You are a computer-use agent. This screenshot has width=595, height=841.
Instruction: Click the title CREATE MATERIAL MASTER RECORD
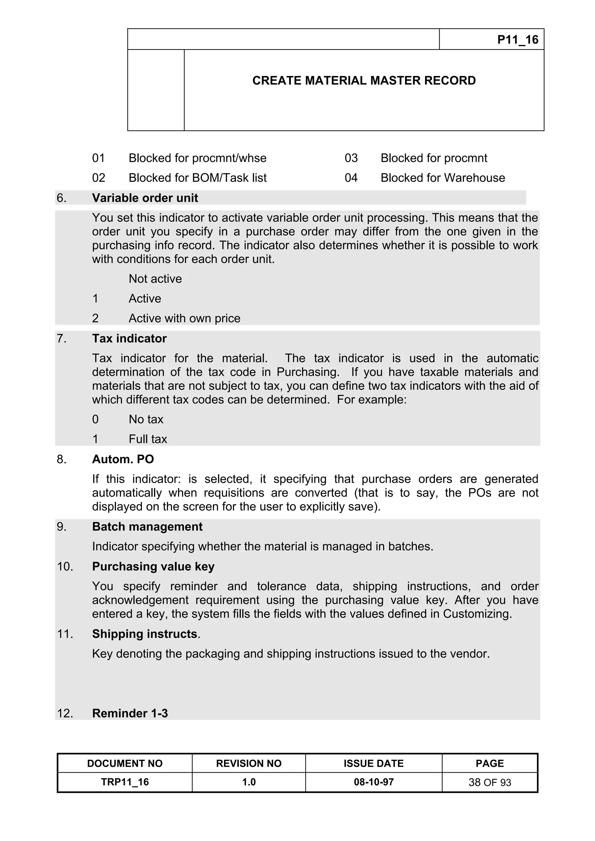(364, 81)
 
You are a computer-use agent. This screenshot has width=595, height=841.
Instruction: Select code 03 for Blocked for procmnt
(351, 158)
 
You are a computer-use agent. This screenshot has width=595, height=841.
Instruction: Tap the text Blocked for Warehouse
(442, 178)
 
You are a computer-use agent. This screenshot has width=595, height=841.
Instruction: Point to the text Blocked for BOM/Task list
(197, 178)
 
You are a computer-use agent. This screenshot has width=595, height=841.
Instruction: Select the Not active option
(155, 279)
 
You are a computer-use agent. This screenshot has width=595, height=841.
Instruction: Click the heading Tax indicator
(129, 338)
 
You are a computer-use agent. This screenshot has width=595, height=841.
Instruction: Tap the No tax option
(146, 419)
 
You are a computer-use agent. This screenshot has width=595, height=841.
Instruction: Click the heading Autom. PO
(123, 459)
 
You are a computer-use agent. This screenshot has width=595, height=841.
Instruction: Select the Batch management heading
(147, 527)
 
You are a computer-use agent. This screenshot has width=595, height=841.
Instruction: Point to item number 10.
(65, 567)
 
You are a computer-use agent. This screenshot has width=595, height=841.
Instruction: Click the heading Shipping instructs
(145, 634)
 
